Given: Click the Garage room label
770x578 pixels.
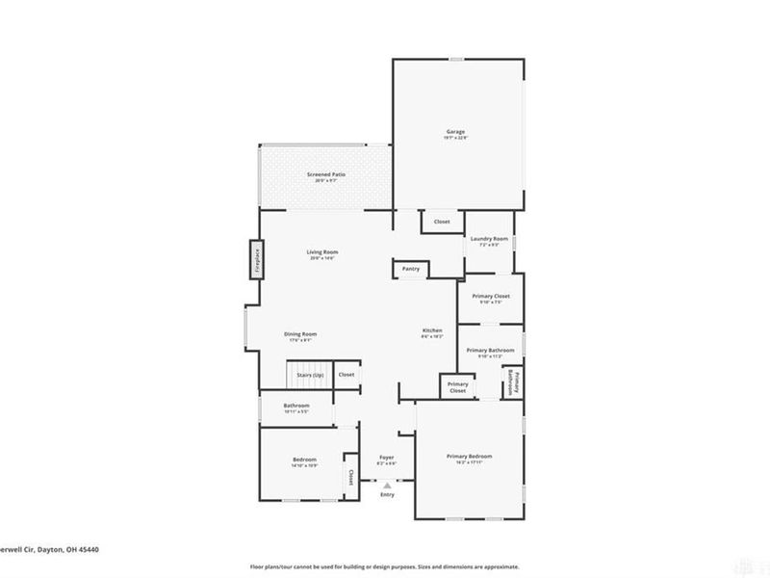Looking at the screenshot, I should pos(455,131).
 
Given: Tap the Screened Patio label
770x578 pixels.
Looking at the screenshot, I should pos(326,174).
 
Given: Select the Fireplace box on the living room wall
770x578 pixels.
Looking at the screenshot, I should pos(257,259).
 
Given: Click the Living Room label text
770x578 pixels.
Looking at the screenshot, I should pos(322,252).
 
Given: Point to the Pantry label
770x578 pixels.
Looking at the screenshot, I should pos(411,269).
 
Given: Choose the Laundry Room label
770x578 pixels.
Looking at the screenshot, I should pos(488,238).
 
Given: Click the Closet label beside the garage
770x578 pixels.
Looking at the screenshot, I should pos(442,222).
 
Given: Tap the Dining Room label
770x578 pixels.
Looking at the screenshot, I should pos(299,334).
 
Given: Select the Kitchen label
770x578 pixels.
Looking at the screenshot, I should pos(432,330).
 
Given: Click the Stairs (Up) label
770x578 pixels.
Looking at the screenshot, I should pos(310,374).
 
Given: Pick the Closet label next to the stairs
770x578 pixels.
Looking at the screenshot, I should pos(346,374).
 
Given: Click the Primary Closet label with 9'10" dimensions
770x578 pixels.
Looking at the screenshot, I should pos(491,296).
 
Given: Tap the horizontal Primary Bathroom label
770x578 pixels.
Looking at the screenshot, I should pos(491,351).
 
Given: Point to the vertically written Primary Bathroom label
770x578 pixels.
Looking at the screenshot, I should pos(514,382).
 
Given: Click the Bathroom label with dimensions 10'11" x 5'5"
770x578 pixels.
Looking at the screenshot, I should pos(295,406).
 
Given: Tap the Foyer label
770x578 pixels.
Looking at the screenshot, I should pos(386,457).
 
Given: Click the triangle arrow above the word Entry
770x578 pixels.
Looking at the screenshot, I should pos(387,486).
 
